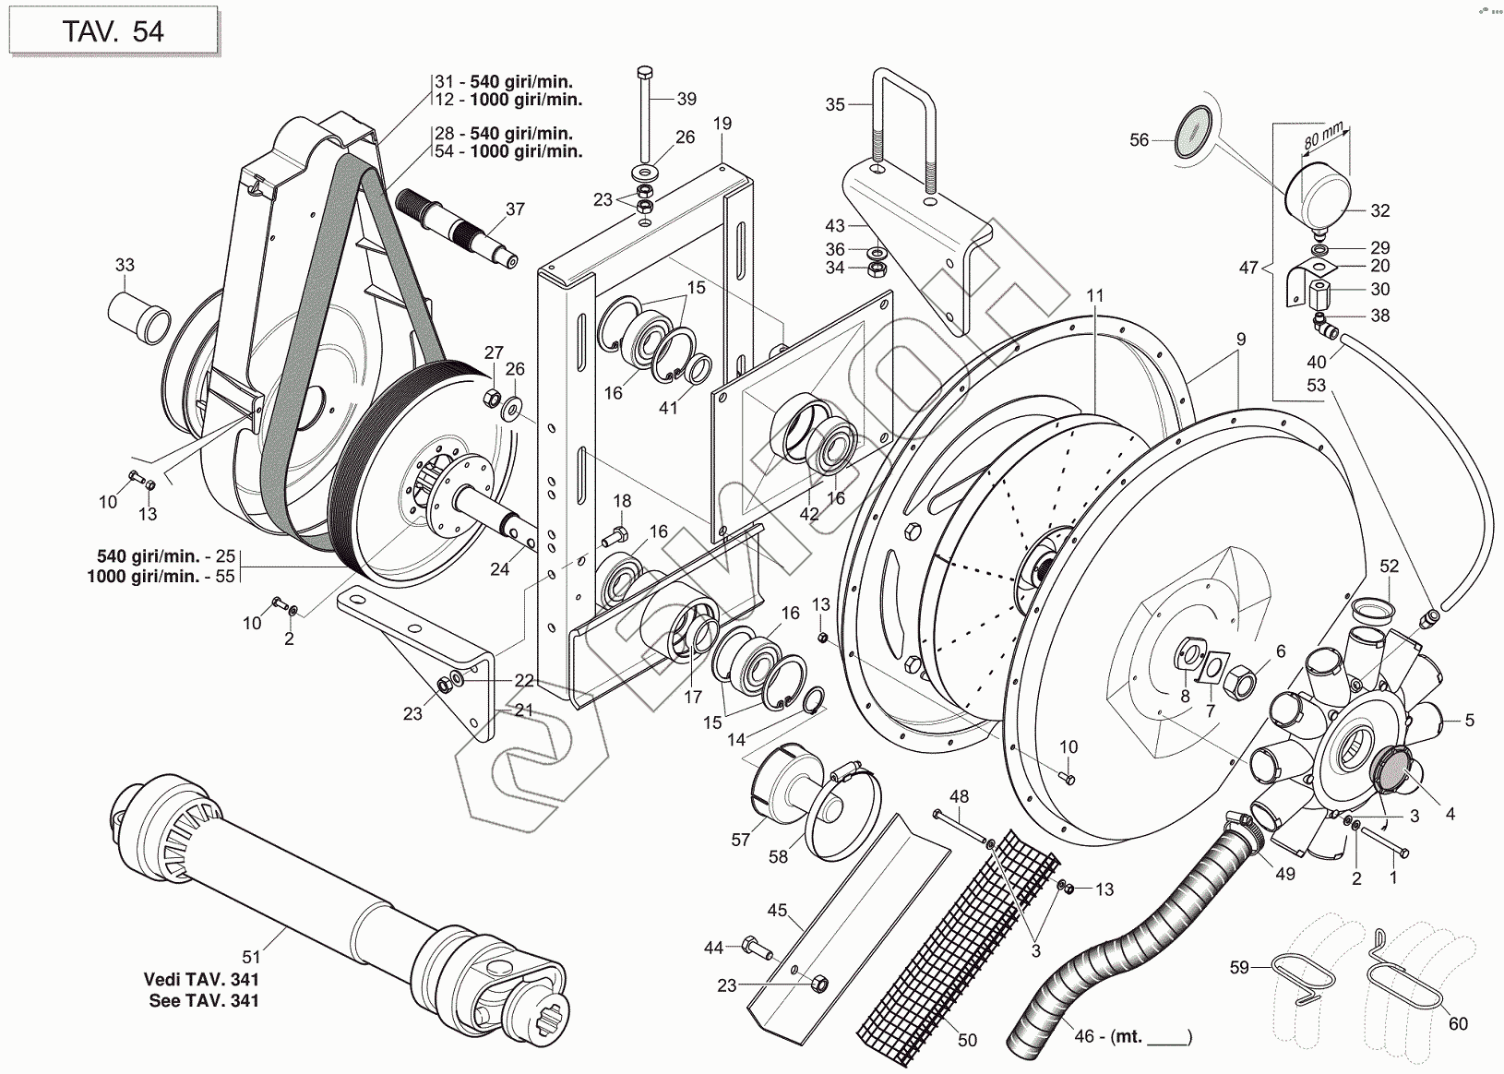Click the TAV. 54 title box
coord(113,30)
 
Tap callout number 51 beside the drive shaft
coord(251,933)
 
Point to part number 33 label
coord(125,266)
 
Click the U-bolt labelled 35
coord(904,129)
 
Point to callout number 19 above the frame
coord(722,124)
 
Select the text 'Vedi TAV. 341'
coord(202,980)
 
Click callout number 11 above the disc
coord(1095,296)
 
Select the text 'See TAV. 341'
coord(204,1000)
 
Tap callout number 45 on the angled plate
coord(778,911)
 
